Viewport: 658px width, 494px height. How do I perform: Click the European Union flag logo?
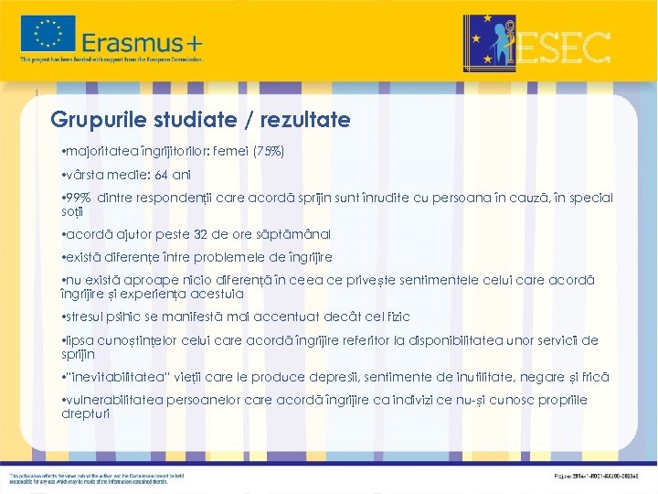click(48, 34)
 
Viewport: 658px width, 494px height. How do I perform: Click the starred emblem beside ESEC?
click(490, 43)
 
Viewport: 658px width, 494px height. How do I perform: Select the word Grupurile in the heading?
click(91, 120)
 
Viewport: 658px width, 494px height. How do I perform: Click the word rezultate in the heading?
click(305, 120)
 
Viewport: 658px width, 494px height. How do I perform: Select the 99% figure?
click(78, 198)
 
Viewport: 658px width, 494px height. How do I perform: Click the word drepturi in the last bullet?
click(85, 413)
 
